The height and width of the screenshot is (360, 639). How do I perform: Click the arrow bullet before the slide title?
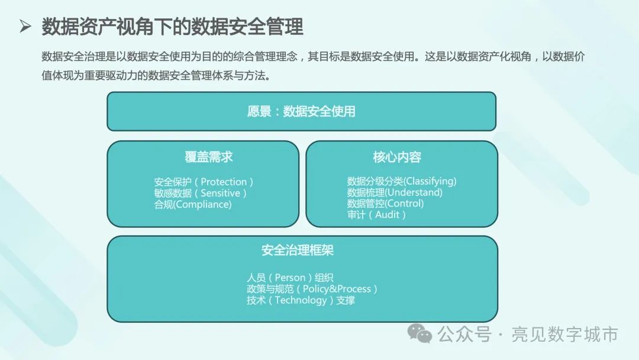point(25,27)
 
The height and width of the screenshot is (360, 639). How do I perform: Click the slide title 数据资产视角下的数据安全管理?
point(172,27)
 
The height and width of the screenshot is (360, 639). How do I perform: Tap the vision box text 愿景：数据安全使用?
point(301,111)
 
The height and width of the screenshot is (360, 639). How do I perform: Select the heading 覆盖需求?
point(209,157)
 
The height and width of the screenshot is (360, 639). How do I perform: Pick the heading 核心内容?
point(397,157)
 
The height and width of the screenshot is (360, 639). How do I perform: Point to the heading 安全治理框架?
point(298,250)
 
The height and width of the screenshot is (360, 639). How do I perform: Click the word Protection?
point(224,182)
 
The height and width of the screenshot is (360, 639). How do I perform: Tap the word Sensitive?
point(220,193)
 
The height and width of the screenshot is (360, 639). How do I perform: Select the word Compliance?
point(202,204)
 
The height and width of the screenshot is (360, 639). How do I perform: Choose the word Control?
point(405,204)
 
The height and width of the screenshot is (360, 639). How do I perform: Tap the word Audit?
point(387,214)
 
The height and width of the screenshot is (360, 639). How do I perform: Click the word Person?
point(290,278)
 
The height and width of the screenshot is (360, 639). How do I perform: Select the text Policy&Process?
point(337,289)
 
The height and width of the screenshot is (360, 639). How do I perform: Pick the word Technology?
point(301,300)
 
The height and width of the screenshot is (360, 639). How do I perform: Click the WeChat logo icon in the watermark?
point(419,333)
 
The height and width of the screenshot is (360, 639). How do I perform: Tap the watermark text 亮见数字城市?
point(565,335)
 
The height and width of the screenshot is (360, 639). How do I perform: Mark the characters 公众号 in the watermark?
point(464,335)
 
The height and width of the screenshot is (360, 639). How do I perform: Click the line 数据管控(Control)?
point(386,204)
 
